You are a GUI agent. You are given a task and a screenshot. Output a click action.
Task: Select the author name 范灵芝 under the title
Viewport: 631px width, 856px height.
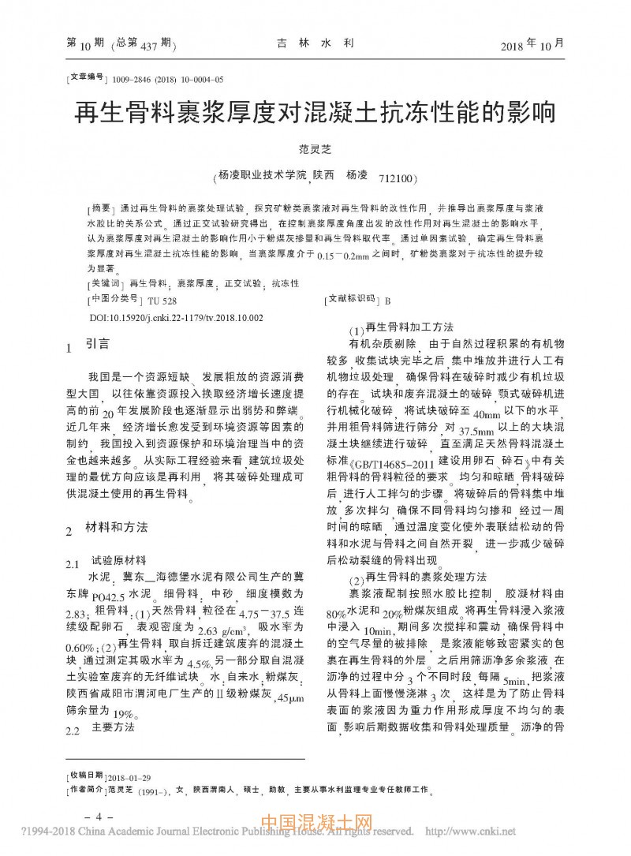click(x=315, y=148)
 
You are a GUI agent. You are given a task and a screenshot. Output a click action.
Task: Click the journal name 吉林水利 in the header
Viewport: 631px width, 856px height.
click(x=314, y=45)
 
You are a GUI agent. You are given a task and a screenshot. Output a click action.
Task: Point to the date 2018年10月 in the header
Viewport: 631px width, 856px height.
click(x=532, y=44)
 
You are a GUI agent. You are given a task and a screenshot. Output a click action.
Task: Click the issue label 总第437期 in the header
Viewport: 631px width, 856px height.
click(x=144, y=44)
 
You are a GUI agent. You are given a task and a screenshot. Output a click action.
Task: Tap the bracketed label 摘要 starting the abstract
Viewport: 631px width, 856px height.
click(x=100, y=207)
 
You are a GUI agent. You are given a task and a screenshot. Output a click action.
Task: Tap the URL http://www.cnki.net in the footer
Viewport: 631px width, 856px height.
click(x=470, y=831)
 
